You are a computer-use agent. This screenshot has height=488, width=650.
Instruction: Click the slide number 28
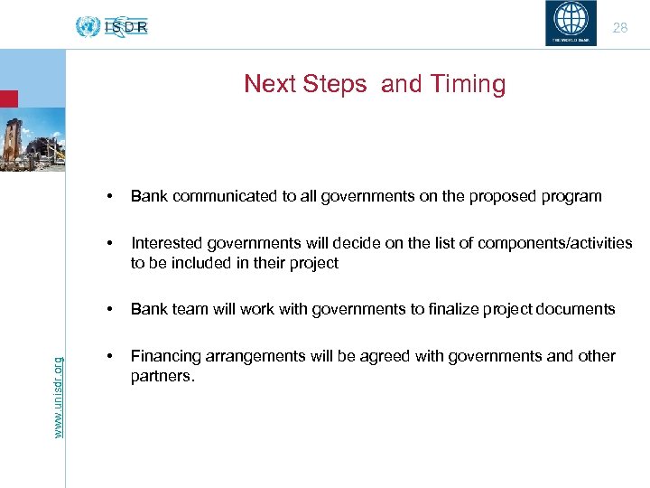coord(619,28)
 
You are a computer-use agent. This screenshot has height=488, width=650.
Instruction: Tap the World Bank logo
coord(571,23)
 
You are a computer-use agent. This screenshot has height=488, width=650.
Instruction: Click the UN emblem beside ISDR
coord(88,27)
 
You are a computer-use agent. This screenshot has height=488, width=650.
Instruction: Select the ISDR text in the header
coord(126,27)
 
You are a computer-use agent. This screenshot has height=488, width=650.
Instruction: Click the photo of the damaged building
coord(32,139)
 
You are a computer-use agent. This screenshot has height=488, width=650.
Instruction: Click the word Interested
coord(165,243)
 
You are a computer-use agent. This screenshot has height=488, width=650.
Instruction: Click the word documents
coord(577,309)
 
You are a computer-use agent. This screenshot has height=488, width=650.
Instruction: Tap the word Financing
coord(164,356)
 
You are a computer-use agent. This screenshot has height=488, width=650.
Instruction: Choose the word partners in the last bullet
coord(162,375)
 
